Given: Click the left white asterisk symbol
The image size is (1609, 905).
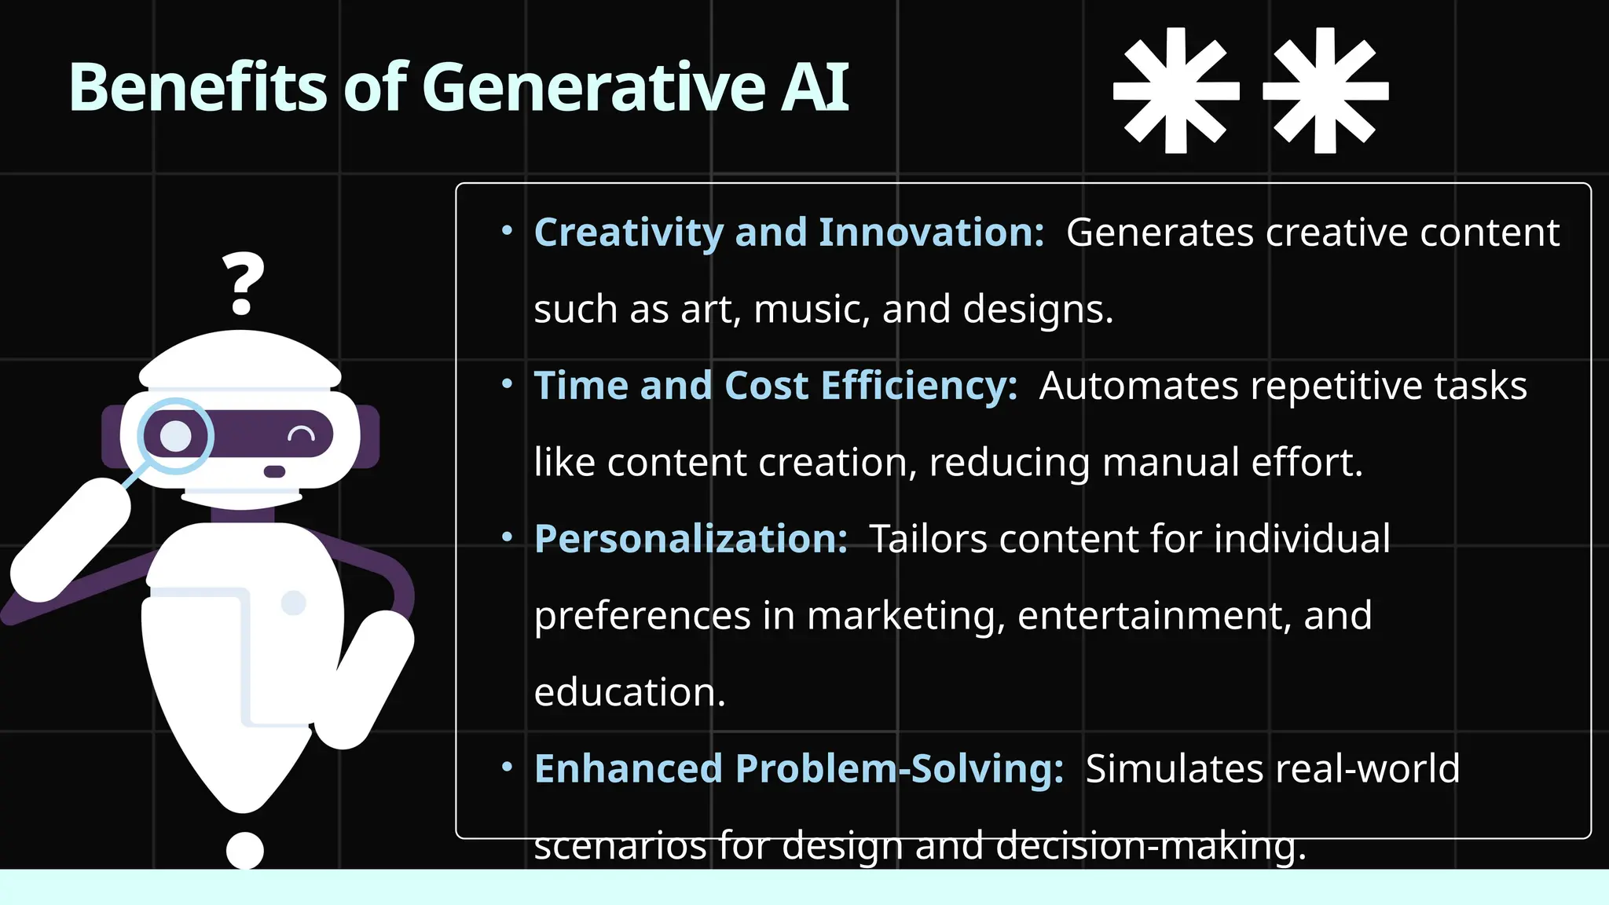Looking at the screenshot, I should [1176, 90].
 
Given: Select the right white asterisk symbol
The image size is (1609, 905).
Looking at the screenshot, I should [1325, 90].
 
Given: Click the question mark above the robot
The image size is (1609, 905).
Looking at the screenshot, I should [243, 283].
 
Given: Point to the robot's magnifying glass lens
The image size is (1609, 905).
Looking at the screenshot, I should [176, 436].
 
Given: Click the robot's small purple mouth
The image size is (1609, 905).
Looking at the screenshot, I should [274, 471].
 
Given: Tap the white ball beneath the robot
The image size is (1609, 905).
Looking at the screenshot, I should [244, 850].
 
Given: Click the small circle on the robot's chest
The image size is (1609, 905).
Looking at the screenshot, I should [293, 603].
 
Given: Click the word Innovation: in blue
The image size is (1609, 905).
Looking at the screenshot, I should [931, 233].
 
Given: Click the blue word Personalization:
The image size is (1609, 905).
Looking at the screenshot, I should [691, 539].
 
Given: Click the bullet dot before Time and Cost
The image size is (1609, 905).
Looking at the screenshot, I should [507, 384].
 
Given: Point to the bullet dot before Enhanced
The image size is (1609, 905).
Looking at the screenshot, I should [507, 767].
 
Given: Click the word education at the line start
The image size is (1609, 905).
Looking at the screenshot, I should [629, 692].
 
